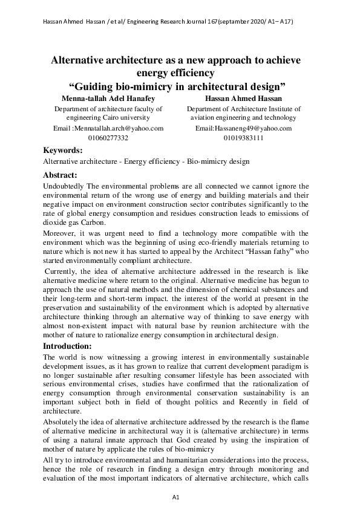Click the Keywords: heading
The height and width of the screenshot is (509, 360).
(x=63, y=151)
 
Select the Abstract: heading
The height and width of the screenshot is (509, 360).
(x=61, y=175)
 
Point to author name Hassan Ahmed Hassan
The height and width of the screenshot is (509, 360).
(x=244, y=98)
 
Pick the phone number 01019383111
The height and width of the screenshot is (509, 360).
(x=243, y=138)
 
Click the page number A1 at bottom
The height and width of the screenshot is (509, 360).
(x=177, y=497)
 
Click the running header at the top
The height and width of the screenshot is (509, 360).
(x=168, y=22)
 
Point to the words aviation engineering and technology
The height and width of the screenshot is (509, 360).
(x=244, y=118)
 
